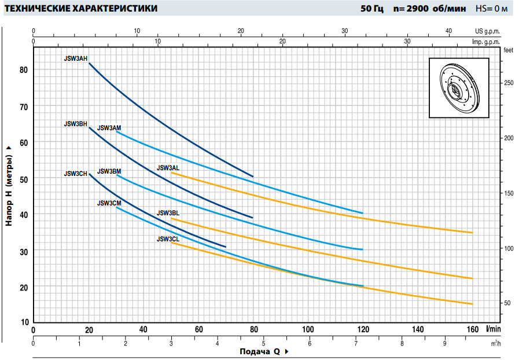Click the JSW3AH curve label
[x=75, y=58]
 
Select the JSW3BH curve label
[x=75, y=124]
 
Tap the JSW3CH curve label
[x=75, y=174]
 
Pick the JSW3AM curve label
[x=109, y=128]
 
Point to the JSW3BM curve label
[x=109, y=171]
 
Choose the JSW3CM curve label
[x=109, y=203]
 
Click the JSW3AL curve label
[x=168, y=168]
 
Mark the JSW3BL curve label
[x=168, y=214]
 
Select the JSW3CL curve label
[x=168, y=239]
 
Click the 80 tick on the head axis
[x=24, y=70]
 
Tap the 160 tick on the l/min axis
[x=473, y=330]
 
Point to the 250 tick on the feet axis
[x=509, y=83]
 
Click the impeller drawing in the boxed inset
[x=459, y=88]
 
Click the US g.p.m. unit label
[x=487, y=31]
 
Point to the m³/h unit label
[x=496, y=343]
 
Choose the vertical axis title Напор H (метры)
[x=9, y=185]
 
